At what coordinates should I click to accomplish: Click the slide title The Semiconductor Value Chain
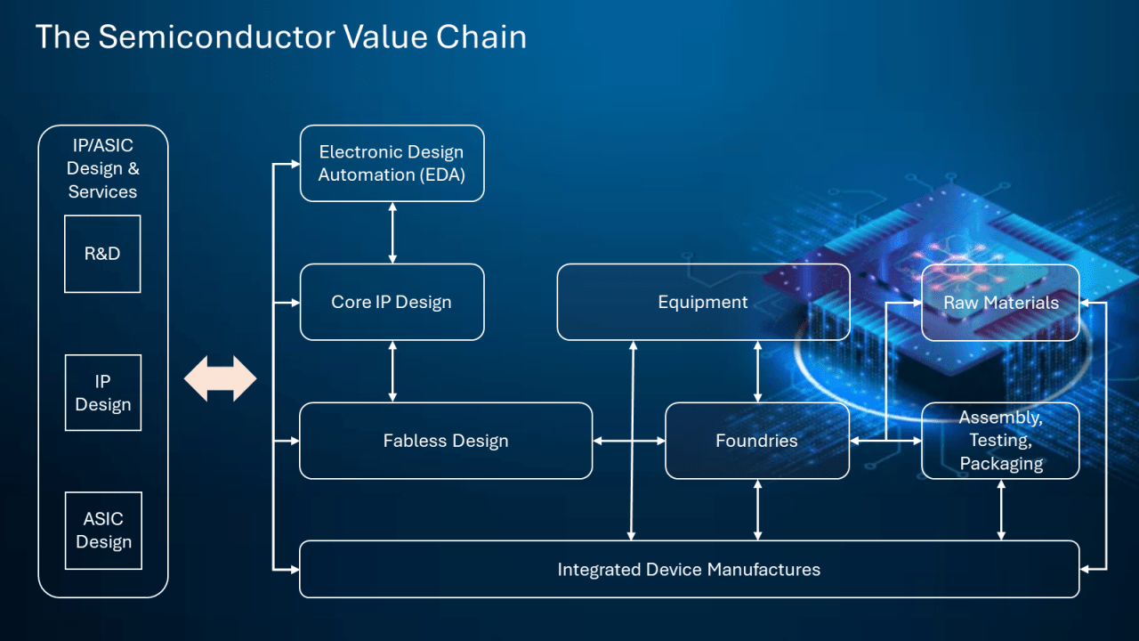(x=280, y=37)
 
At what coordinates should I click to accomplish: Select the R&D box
(x=102, y=254)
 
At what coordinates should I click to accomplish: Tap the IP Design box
(x=102, y=393)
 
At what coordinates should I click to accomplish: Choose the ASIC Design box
(x=102, y=531)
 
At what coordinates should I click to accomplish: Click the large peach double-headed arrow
(x=220, y=379)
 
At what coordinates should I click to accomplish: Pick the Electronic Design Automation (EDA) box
(x=392, y=163)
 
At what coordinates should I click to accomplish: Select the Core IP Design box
(x=392, y=302)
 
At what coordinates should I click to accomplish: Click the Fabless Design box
(x=446, y=441)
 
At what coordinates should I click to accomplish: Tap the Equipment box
(x=703, y=302)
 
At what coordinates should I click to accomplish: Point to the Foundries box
(x=757, y=441)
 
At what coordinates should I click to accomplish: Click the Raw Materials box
(x=1000, y=302)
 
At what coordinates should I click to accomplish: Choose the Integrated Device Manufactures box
(x=689, y=569)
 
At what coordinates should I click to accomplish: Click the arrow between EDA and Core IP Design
(x=392, y=232)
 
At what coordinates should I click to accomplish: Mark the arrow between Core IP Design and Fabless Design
(x=392, y=371)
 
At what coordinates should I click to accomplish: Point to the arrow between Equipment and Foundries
(x=757, y=371)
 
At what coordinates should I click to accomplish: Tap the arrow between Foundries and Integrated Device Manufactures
(x=757, y=509)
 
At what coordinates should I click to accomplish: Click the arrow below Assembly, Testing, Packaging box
(x=1001, y=509)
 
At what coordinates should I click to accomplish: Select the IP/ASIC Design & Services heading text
(x=102, y=167)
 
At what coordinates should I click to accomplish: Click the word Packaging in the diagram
(x=1001, y=464)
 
